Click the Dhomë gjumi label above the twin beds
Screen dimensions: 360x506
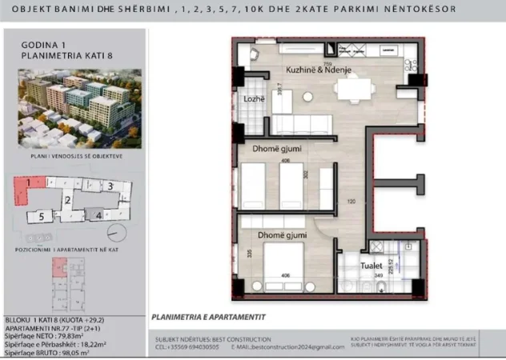click(x=261, y=149)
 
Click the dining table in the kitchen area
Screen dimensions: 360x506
click(x=352, y=88)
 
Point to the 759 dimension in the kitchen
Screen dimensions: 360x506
click(x=327, y=62)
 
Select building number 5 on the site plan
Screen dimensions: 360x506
click(x=40, y=217)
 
